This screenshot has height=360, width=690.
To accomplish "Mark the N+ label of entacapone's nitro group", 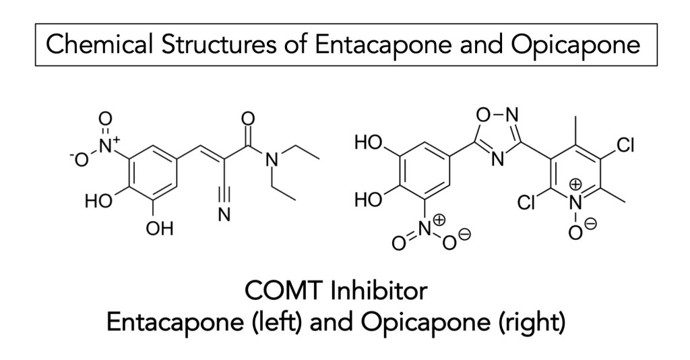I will point(108,142).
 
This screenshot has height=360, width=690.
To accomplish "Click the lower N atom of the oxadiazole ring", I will point(495,160).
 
